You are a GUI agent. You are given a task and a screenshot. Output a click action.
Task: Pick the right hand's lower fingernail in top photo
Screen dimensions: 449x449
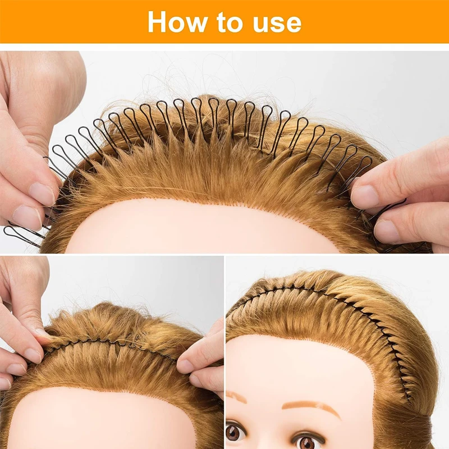coord(388,231)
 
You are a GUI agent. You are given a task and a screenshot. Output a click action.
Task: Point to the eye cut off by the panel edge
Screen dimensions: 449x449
coord(232,433)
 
